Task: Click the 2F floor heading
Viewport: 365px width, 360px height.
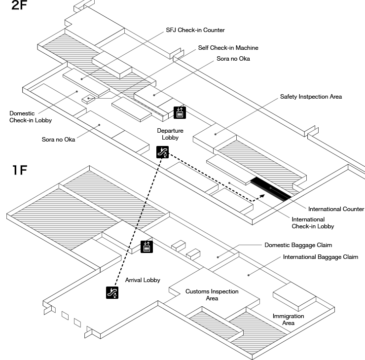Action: click(19, 5)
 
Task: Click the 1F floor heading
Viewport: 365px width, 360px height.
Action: click(20, 170)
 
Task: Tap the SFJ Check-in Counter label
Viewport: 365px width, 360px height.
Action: click(195, 30)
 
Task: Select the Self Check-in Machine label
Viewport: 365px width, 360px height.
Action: click(228, 48)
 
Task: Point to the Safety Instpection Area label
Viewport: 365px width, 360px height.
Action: click(311, 97)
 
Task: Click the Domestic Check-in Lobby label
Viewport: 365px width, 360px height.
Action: click(31, 117)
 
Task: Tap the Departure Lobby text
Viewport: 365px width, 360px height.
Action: click(170, 134)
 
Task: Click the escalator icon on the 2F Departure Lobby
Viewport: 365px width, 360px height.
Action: click(162, 152)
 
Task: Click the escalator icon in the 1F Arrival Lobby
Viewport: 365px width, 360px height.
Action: click(112, 292)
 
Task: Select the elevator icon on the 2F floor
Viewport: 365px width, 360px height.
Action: click(180, 112)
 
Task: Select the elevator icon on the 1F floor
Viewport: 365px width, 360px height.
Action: click(146, 247)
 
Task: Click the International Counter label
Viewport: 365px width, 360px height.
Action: click(336, 209)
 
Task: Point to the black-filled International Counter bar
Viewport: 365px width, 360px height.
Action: click(271, 189)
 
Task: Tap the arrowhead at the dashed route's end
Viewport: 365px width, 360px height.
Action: click(262, 196)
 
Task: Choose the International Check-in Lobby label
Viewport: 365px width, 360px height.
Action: click(313, 223)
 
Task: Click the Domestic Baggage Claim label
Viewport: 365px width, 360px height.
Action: click(298, 245)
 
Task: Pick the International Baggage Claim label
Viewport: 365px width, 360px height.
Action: click(321, 257)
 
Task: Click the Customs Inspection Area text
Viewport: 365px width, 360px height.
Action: click(212, 295)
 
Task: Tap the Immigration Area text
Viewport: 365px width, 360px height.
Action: click(289, 320)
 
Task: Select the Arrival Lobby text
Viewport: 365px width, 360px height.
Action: click(143, 280)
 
